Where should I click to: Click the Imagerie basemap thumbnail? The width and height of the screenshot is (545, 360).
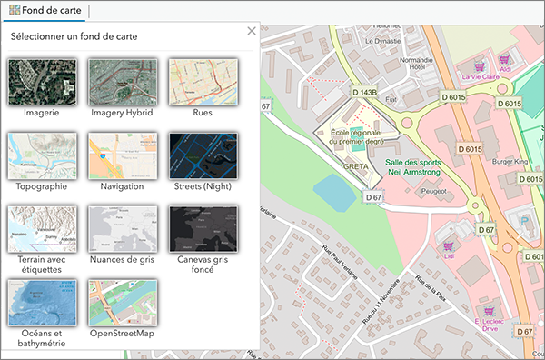click(40, 82)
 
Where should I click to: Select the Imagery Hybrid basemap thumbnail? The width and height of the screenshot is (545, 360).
click(123, 82)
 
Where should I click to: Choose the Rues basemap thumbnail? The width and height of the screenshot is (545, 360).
click(203, 82)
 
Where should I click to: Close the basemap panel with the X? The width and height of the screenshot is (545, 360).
click(252, 32)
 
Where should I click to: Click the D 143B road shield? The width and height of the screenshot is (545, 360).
click(363, 92)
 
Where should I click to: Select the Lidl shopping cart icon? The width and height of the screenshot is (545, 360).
click(446, 245)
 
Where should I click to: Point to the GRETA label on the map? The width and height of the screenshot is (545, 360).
click(356, 167)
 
